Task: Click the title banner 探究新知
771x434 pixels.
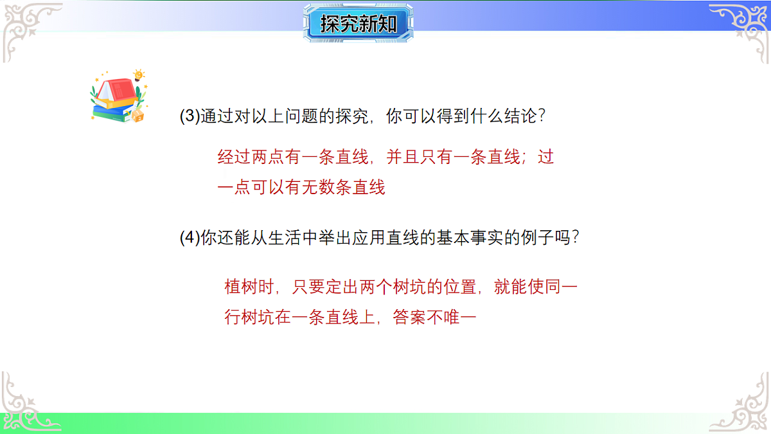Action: click(358, 24)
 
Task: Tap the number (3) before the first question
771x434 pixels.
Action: click(190, 116)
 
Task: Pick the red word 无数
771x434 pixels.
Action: click(312, 188)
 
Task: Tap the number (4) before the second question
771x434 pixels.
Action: click(190, 237)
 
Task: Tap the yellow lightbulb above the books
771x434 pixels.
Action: click(139, 75)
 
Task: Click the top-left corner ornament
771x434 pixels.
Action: click(29, 29)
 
